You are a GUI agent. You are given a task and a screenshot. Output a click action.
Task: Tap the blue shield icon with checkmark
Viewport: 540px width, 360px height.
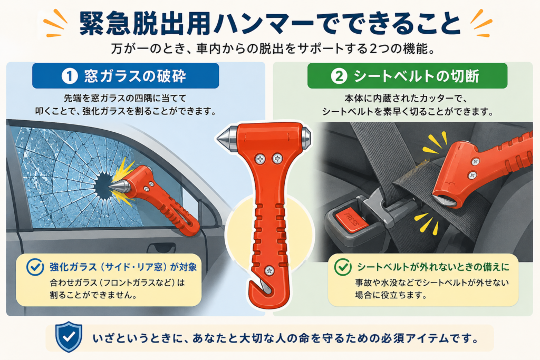(x=69, y=337)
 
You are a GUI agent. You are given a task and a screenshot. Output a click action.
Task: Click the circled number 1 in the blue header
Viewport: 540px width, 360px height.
(x=69, y=76)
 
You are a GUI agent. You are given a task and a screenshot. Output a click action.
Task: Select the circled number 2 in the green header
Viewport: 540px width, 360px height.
(x=339, y=76)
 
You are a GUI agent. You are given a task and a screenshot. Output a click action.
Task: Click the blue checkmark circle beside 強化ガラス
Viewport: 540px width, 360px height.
(x=35, y=267)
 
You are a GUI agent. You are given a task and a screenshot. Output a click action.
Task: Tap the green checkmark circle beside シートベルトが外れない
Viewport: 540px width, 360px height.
(x=343, y=267)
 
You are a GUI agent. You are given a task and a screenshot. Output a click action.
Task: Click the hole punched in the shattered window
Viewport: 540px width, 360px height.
(x=103, y=186)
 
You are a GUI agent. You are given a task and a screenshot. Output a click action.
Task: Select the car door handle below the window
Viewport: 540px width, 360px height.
(x=161, y=247)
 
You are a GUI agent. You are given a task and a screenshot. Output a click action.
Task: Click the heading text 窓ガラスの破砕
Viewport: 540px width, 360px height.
(x=135, y=76)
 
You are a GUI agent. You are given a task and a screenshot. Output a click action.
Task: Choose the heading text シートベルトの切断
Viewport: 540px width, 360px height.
(x=417, y=76)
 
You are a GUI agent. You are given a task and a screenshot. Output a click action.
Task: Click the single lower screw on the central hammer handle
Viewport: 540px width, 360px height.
(x=269, y=270)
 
